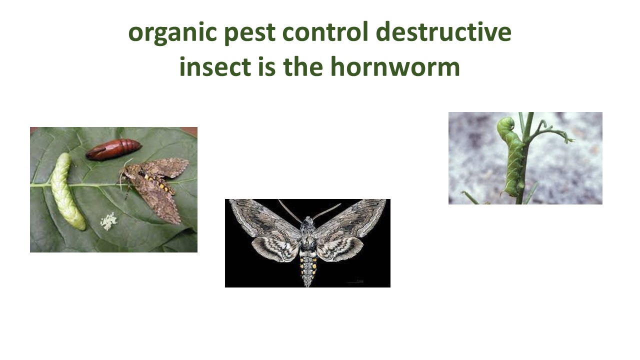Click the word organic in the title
pyautogui.click(x=172, y=33)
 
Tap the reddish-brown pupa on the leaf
pyautogui.click(x=113, y=149)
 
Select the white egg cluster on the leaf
pyautogui.click(x=108, y=221)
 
